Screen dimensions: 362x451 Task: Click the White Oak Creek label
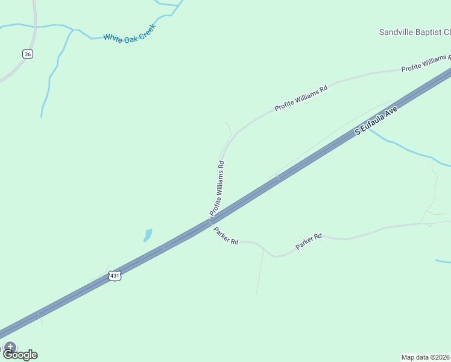coord(130,33)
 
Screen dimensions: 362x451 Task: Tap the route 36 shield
coord(28,54)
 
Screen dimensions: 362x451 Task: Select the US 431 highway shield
coord(115,276)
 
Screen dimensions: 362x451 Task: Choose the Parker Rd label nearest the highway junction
coord(226,236)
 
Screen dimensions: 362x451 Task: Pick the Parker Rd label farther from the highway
coord(309,242)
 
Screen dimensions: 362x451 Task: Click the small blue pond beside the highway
coord(148,234)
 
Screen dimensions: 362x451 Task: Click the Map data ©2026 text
coord(426,357)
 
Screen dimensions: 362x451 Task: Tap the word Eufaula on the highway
coord(379,119)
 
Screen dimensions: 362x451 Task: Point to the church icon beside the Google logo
coord(10,347)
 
